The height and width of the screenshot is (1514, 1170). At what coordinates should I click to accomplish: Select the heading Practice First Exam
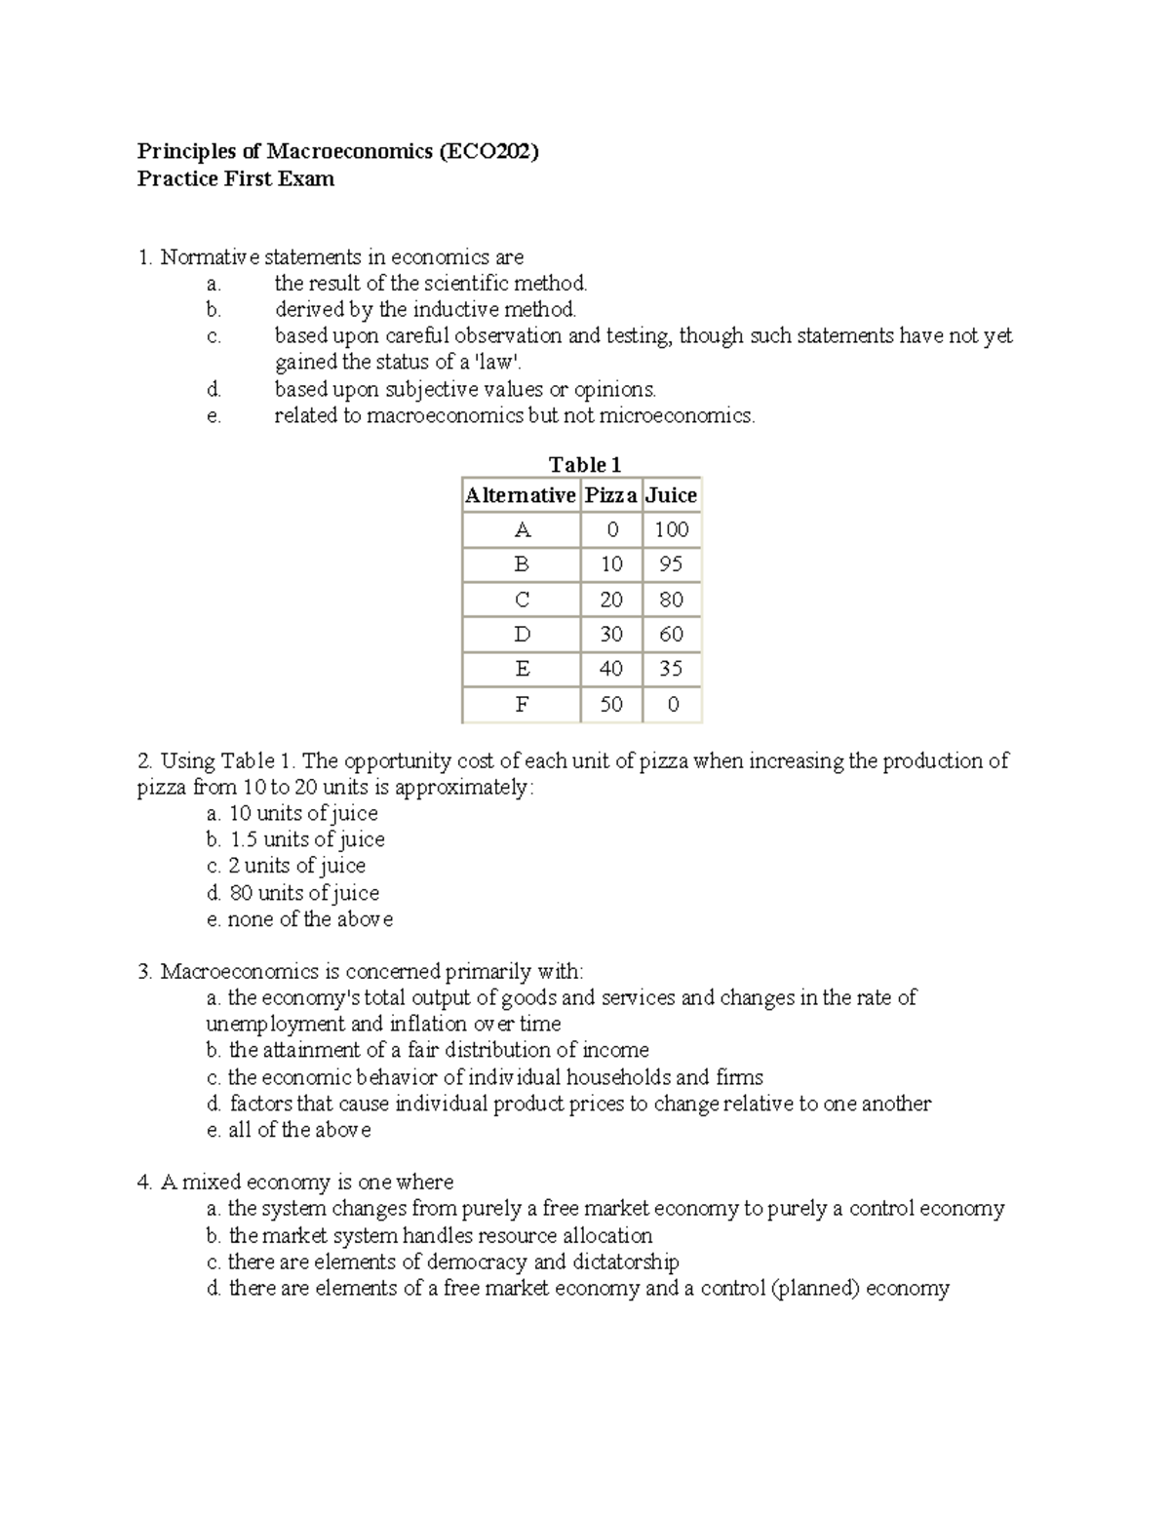(x=235, y=178)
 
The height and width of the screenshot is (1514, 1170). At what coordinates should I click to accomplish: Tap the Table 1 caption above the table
(x=584, y=464)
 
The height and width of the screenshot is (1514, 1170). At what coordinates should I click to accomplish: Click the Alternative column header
(x=521, y=495)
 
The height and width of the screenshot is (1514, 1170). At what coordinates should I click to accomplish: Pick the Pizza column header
(x=611, y=495)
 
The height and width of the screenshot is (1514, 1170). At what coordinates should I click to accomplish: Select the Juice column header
(x=672, y=495)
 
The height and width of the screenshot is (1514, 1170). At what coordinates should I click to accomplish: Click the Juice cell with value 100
(x=672, y=529)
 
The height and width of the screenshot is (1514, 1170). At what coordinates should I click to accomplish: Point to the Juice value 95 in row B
(x=672, y=564)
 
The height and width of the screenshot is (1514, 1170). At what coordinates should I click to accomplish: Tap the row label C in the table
(x=522, y=600)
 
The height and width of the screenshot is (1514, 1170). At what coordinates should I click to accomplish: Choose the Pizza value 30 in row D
(x=611, y=635)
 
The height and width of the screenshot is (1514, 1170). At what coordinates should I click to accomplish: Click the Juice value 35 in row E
(x=672, y=669)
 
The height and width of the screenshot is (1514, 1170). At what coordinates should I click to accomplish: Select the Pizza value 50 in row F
(x=611, y=704)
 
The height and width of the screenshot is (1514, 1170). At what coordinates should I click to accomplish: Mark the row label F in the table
(x=522, y=704)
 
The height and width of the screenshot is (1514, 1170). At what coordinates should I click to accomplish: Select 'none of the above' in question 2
(x=309, y=919)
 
